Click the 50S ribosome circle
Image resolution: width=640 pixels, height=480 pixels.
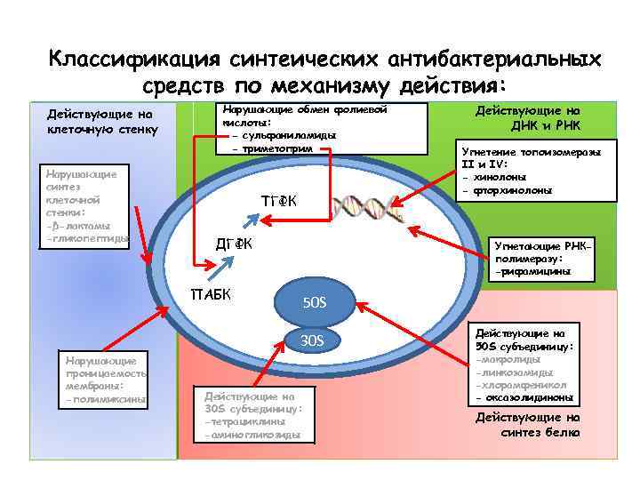click(x=315, y=304)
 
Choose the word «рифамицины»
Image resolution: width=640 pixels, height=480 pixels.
click(x=533, y=271)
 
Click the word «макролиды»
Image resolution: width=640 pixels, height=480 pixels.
click(x=514, y=360)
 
